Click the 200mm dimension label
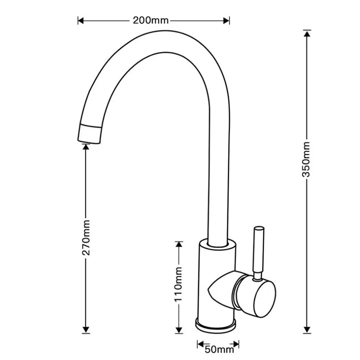click(x=150, y=20)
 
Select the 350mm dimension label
click(x=307, y=159)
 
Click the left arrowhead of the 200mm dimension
click(x=80, y=20)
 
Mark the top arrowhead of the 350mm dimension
click(x=307, y=33)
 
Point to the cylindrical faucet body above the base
click(x=216, y=265)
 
